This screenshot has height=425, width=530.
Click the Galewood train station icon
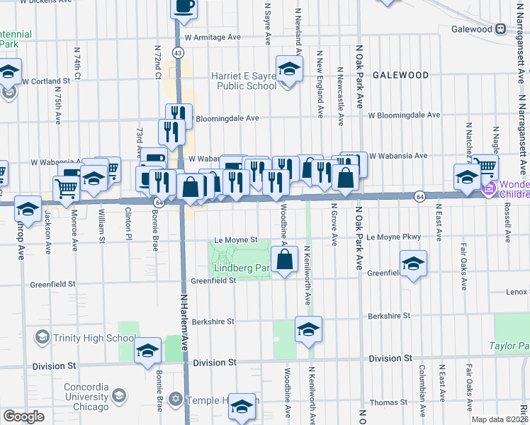pos(500,29)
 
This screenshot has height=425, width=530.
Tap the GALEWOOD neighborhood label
pos(401,74)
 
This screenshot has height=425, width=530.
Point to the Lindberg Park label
pos(241,268)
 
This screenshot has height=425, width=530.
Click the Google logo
pos(23,416)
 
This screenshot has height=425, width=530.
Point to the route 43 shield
pos(177,52)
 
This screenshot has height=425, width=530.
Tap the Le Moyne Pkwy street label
pos(394,237)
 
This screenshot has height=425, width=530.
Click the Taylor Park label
pos(509,346)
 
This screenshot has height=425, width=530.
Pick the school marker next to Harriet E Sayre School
pos(288,69)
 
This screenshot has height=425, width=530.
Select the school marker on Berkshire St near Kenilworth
pos(308,329)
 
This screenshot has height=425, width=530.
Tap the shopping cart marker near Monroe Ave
pos(66,188)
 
